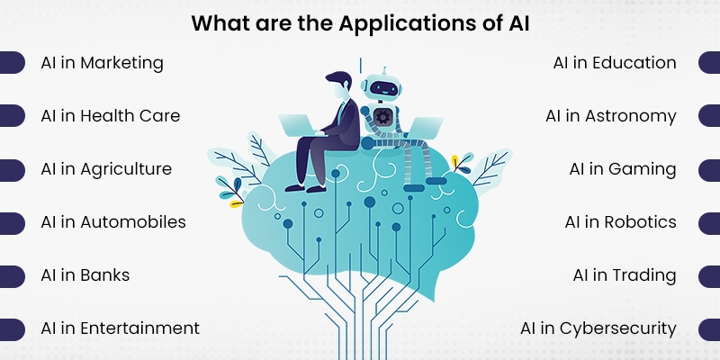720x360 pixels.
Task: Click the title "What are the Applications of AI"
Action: click(x=360, y=22)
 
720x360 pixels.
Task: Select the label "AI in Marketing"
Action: click(x=102, y=63)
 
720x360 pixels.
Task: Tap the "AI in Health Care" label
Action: click(x=110, y=116)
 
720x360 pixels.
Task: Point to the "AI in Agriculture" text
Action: click(x=106, y=169)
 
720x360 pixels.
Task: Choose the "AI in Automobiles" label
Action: click(x=113, y=222)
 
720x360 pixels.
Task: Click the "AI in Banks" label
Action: click(x=85, y=275)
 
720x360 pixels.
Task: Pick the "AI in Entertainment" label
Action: click(x=120, y=328)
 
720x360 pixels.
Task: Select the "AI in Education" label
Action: click(x=615, y=63)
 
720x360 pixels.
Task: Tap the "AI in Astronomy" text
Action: click(x=611, y=116)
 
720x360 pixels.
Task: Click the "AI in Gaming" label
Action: click(x=623, y=169)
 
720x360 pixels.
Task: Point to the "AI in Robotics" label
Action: click(x=620, y=222)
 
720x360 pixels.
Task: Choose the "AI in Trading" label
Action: click(x=625, y=275)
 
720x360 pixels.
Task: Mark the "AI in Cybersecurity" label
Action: click(x=598, y=328)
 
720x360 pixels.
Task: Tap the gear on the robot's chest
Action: click(x=384, y=117)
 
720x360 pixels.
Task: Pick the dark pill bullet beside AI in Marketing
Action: click(x=11, y=63)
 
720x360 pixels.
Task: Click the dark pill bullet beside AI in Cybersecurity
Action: click(x=709, y=328)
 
